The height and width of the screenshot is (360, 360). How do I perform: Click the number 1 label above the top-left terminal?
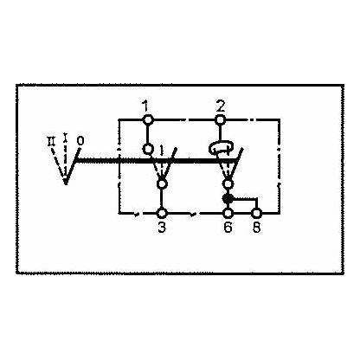148,105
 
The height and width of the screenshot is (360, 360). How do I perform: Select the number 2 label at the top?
222,105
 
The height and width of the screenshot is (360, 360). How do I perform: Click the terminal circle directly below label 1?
148,119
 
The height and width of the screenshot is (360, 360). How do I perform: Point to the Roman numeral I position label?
67,136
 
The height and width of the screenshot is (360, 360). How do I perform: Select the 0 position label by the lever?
80,138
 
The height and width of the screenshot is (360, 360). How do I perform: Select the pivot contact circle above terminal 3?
161,183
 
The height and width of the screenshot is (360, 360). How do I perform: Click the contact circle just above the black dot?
228,183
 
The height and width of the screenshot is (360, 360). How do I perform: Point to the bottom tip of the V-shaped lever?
63,183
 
